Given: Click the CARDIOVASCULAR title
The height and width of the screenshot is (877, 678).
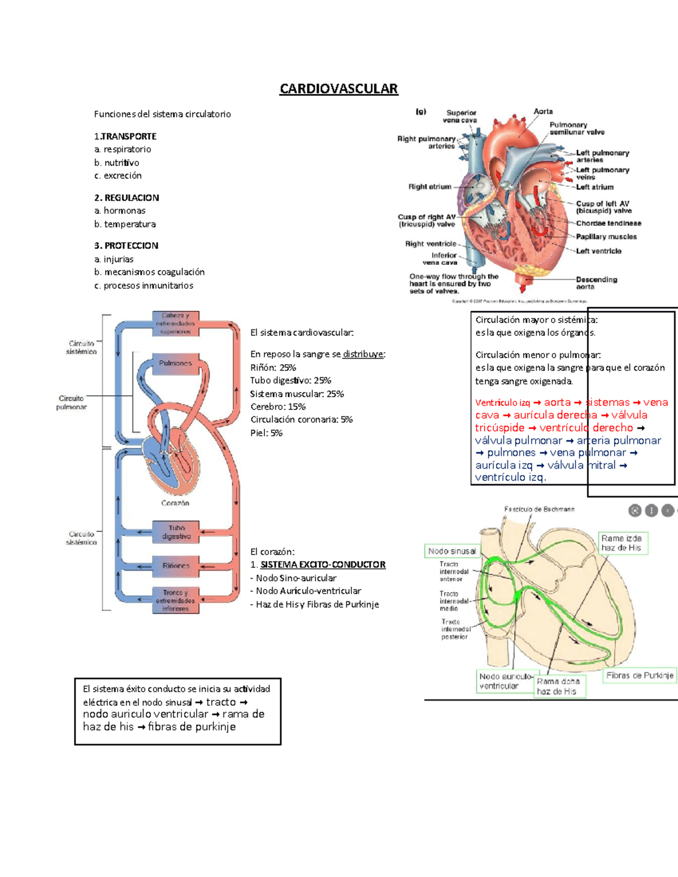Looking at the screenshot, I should point(338,89).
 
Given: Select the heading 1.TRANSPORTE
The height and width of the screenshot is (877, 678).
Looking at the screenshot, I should point(125,136).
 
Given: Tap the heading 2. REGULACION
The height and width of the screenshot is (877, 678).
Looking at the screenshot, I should point(127,198).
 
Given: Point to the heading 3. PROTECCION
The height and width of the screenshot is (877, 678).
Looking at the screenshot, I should point(126,246).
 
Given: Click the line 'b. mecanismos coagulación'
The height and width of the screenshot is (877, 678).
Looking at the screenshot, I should point(149,272).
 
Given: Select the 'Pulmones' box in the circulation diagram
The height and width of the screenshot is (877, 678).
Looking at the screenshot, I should point(175,364).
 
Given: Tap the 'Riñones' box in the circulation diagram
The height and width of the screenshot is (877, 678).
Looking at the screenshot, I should point(176,565).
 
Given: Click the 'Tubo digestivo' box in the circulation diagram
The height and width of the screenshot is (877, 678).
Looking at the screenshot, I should point(176,532).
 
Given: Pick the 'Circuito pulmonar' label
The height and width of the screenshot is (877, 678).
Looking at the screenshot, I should point(71,403).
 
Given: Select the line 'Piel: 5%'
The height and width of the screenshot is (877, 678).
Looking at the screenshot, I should point(266,433).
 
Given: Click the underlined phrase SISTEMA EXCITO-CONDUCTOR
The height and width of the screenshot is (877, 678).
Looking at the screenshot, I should point(323,565).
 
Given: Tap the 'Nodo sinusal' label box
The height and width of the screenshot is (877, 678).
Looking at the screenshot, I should point(452,551).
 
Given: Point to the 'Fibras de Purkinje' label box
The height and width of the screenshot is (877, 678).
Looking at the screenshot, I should point(640,675).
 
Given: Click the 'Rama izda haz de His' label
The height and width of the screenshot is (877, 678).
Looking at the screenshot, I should point(621,543).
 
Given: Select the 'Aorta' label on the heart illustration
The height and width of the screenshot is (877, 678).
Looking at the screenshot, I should point(543,112).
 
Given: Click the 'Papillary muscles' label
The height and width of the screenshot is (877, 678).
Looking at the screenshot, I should point(606,237).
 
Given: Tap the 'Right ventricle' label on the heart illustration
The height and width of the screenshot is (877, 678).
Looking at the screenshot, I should point(431,244).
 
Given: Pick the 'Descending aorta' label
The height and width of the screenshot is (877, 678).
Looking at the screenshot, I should point(596,283).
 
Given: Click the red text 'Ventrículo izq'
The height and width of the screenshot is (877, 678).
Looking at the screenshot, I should point(502,403).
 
